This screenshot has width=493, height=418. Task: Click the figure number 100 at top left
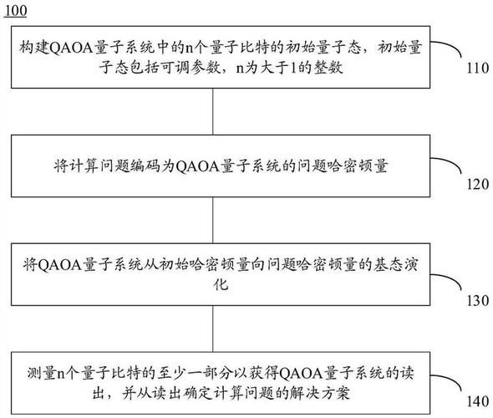tap(16, 9)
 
